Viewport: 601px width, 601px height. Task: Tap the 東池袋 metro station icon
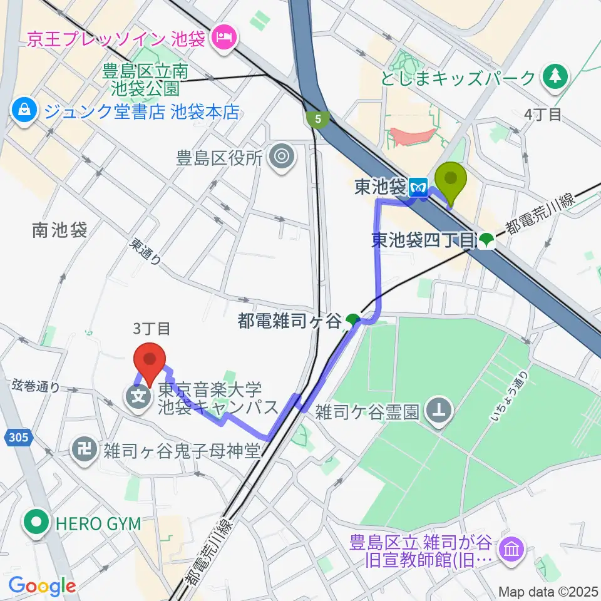418,187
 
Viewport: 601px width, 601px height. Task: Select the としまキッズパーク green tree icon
554,77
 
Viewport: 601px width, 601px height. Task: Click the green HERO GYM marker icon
38,522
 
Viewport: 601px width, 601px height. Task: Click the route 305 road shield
18,438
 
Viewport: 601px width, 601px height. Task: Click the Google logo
42,585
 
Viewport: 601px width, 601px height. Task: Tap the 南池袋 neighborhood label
59,230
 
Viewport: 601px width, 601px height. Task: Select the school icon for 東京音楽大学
136,396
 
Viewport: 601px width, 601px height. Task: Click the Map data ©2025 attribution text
548,591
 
